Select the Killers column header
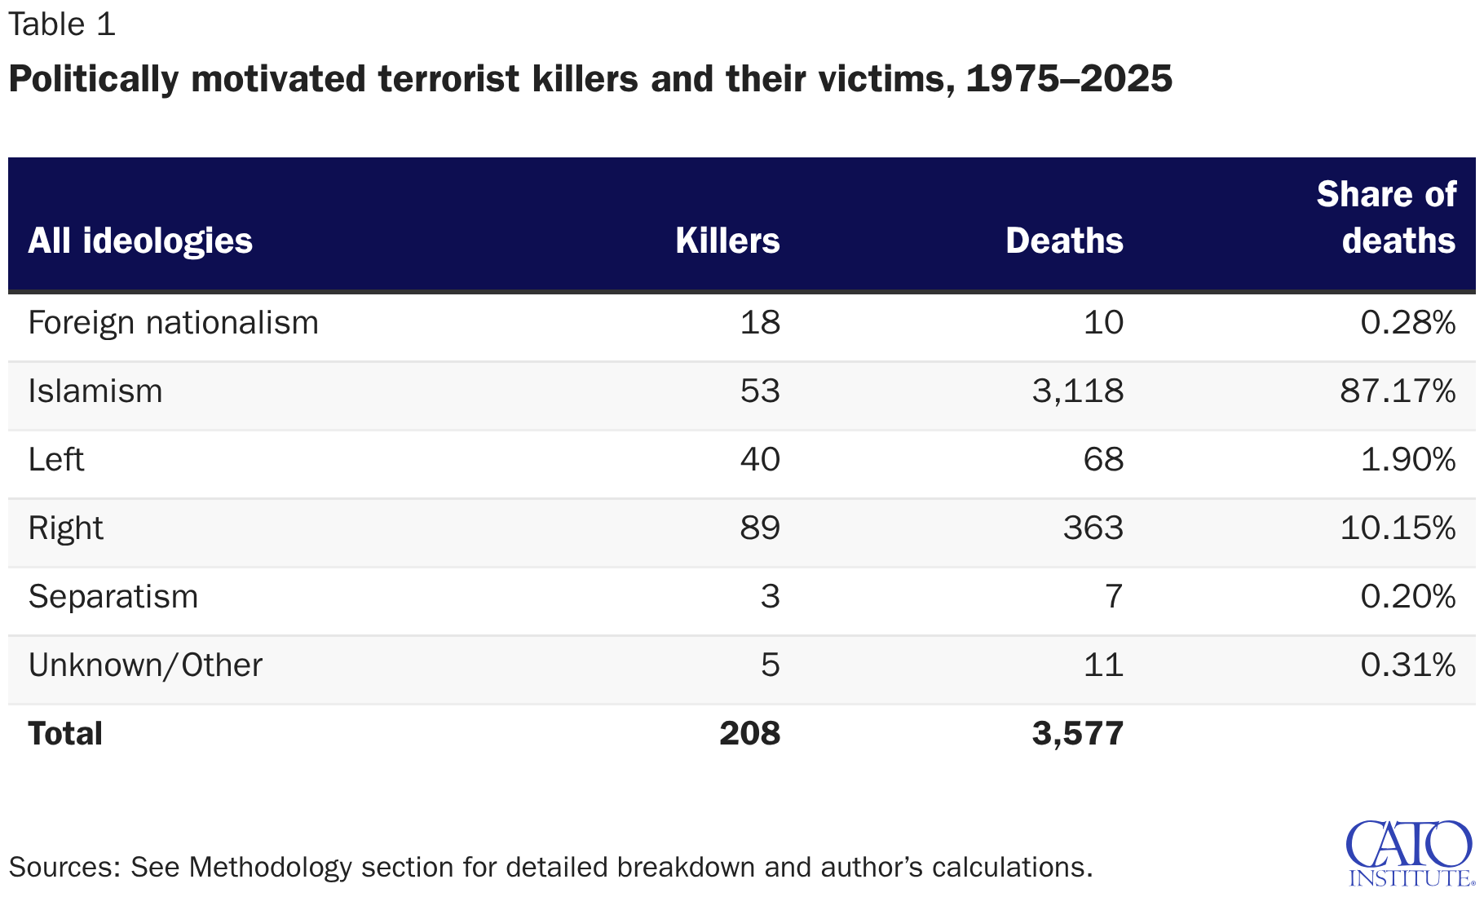[727, 241]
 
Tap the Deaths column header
[1064, 241]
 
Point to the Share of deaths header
[1386, 218]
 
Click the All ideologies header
[140, 241]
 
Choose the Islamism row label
[95, 391]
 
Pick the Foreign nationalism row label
[173, 323]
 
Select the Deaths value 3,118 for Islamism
[1077, 391]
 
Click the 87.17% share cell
[1398, 391]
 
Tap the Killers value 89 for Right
[760, 528]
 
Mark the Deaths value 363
[1093, 528]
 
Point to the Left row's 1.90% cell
[1407, 460]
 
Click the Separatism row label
[113, 597]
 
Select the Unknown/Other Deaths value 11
[1103, 665]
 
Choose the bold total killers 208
[749, 734]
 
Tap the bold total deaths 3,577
[1077, 734]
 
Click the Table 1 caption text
[62, 24]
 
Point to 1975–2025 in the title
[1069, 79]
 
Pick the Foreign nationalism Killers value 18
[760, 323]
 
